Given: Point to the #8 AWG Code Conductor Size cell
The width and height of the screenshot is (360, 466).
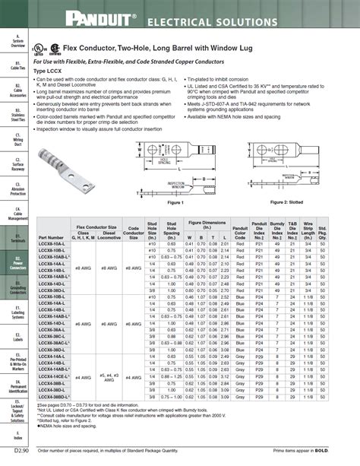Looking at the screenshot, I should [133, 268].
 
